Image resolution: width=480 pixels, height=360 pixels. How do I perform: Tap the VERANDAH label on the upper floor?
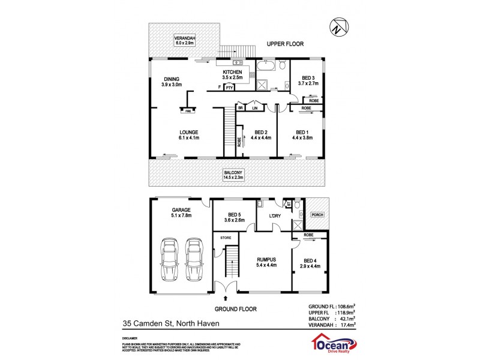click(x=185, y=40)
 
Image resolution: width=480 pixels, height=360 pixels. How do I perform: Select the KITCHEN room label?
click(x=232, y=75)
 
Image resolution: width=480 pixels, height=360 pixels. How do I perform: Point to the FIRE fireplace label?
click(x=187, y=110)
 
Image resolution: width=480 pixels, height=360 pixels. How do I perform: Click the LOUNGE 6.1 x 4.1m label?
click(x=188, y=135)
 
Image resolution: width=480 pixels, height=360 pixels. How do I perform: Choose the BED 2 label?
click(x=263, y=135)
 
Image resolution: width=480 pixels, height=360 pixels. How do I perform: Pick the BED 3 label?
click(x=308, y=81)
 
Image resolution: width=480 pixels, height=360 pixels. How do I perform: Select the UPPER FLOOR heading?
click(x=285, y=44)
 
